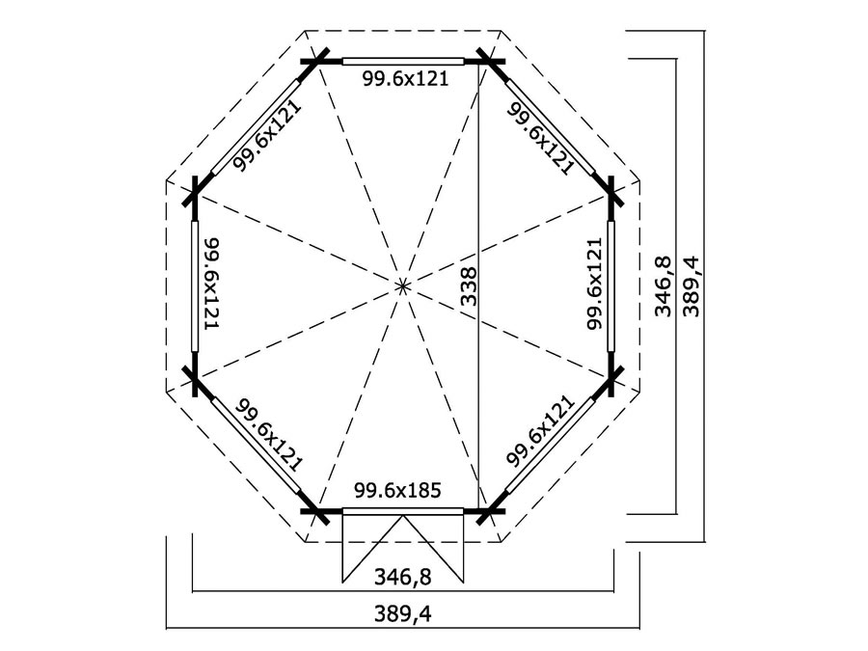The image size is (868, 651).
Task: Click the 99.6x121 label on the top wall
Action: (x=405, y=79)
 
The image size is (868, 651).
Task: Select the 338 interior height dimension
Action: (x=469, y=287)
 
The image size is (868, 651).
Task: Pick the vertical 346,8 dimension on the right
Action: (x=662, y=287)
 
